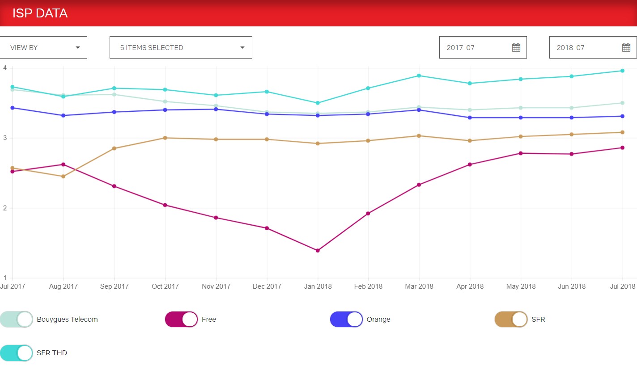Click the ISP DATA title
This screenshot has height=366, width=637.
pyautogui.click(x=40, y=13)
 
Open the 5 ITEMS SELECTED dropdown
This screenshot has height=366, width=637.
pyautogui.click(x=181, y=47)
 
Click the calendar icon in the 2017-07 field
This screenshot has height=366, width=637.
pyautogui.click(x=516, y=47)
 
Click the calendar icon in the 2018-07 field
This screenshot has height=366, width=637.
pyautogui.click(x=626, y=47)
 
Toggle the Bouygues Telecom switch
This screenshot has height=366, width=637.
pyautogui.click(x=17, y=320)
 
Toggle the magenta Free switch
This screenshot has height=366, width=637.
pyautogui.click(x=182, y=320)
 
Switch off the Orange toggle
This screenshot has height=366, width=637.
pyautogui.click(x=346, y=320)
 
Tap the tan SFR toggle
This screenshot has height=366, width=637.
pyautogui.click(x=511, y=320)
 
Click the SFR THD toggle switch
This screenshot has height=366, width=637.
pyautogui.click(x=17, y=353)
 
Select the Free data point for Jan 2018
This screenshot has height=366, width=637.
pyautogui.click(x=318, y=251)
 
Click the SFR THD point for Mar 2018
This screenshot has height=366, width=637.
pyautogui.click(x=419, y=76)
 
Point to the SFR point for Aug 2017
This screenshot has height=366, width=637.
pyautogui.click(x=64, y=177)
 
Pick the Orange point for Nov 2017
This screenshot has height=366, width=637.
pyautogui.click(x=216, y=109)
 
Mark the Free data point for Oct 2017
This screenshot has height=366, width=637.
pyautogui.click(x=165, y=205)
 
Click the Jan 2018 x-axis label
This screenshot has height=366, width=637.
pyautogui.click(x=318, y=286)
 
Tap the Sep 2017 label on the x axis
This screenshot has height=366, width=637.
pyautogui.click(x=114, y=286)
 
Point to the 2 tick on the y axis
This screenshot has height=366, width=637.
pyautogui.click(x=5, y=208)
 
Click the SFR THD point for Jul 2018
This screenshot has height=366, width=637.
pyautogui.click(x=622, y=71)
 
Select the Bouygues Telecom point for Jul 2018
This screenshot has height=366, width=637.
pyautogui.click(x=622, y=103)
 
